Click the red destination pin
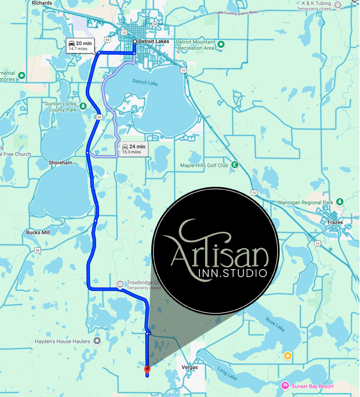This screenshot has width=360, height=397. pyautogui.click(x=147, y=368)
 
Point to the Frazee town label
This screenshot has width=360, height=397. pyautogui.click(x=334, y=222)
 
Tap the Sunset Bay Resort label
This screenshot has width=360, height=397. pyautogui.click(x=312, y=385)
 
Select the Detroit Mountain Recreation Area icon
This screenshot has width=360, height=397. pyautogui.click(x=221, y=44)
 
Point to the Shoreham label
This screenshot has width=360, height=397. pyautogui.click(x=61, y=162)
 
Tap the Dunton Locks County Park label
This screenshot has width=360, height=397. pyautogui.click(x=61, y=106)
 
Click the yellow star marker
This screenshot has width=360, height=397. pyautogui.click(x=288, y=356)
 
